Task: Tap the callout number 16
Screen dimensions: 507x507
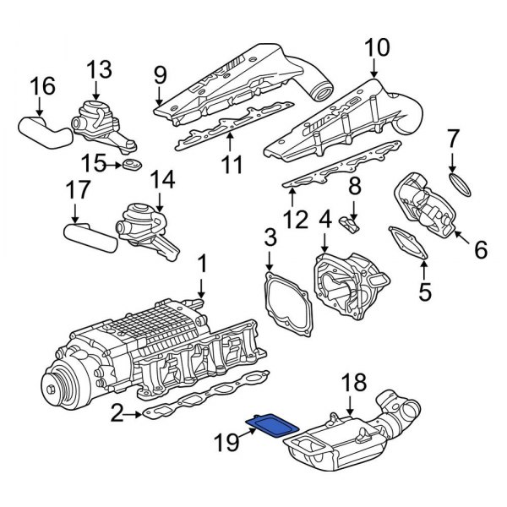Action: pos(42,85)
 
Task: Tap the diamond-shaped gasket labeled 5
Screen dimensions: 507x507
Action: pos(407,246)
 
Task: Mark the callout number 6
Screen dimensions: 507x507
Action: pos(481,249)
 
